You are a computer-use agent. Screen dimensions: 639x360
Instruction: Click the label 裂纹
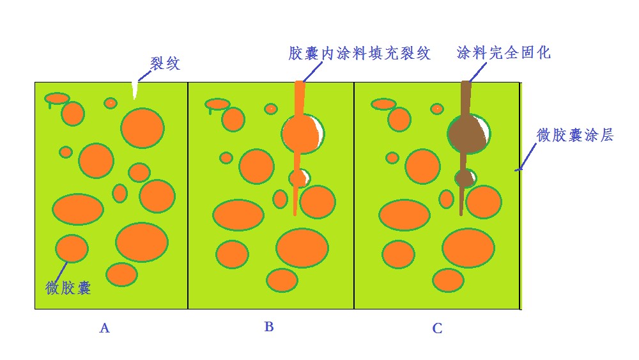pos(165,63)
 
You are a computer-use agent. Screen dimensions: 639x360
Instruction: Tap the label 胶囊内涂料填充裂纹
pos(359,54)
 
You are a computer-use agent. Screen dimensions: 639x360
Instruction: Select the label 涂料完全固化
pos(504,52)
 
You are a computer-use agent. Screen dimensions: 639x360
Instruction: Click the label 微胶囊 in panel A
pos(68,288)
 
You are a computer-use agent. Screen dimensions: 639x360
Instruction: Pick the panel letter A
pos(104,328)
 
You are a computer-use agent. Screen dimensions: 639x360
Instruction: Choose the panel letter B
pos(268,327)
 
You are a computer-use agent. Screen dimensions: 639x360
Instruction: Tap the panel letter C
pos(437,328)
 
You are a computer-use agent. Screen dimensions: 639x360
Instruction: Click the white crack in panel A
pos(134,91)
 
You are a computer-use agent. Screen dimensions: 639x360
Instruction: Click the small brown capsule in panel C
pos(465,178)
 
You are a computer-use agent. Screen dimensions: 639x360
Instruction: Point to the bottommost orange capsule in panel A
pos(122,274)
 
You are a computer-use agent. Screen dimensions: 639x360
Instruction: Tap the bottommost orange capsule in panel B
pos(282,280)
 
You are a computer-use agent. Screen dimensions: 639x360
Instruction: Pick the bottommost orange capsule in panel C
pos(449,281)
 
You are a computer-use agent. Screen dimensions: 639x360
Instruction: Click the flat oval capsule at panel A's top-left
pos(57,98)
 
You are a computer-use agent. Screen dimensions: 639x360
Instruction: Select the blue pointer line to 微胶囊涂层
pos(526,157)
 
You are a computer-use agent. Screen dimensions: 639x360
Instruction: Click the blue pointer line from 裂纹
pos(144,76)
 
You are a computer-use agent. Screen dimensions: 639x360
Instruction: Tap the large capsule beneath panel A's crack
pos(142,128)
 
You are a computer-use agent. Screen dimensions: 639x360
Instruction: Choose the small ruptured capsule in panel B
pos(300,178)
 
